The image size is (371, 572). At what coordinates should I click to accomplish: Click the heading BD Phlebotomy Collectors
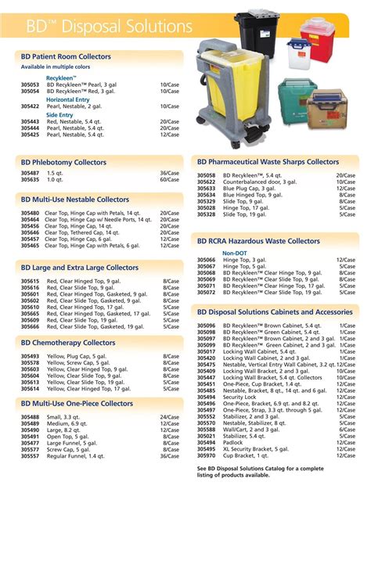(63, 163)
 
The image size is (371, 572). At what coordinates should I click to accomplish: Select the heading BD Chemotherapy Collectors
(68, 343)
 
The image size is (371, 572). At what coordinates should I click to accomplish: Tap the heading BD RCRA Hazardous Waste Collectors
(258, 242)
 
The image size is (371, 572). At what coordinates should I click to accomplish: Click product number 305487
(31, 173)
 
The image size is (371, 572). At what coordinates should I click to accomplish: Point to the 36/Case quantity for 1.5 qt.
(169, 173)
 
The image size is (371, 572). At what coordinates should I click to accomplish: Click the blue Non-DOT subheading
(235, 254)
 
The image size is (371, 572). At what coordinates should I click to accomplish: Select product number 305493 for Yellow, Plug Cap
(31, 357)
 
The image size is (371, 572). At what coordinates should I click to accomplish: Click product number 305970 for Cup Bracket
(207, 455)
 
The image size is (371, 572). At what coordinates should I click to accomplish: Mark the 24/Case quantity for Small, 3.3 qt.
(169, 417)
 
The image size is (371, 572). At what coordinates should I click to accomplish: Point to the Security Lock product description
(240, 397)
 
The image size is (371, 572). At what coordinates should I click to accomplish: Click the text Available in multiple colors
(56, 67)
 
